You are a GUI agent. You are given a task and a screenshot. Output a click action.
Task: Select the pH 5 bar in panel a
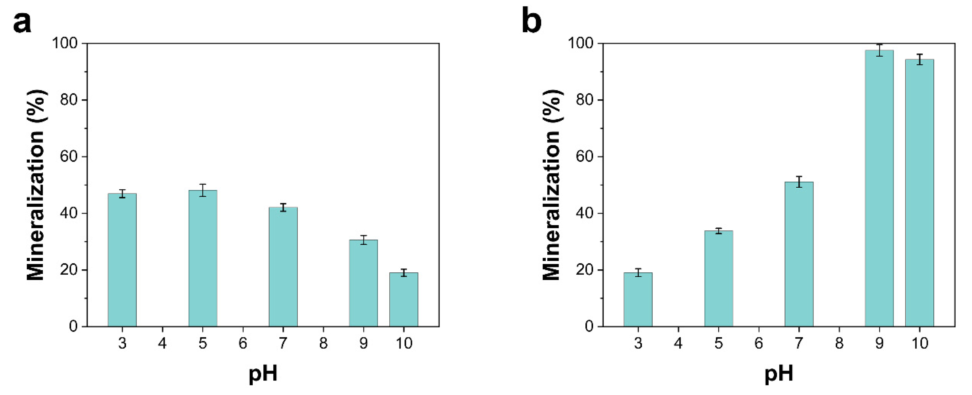(x=203, y=258)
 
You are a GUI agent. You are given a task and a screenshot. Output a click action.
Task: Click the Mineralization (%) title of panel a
(x=36, y=185)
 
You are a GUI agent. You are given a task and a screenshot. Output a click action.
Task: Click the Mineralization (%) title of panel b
(x=551, y=185)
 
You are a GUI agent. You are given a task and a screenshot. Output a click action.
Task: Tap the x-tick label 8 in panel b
(x=839, y=343)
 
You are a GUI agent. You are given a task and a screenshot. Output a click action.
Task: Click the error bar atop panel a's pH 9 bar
(x=363, y=240)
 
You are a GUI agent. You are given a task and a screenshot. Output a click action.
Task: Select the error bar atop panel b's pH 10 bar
(x=920, y=60)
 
